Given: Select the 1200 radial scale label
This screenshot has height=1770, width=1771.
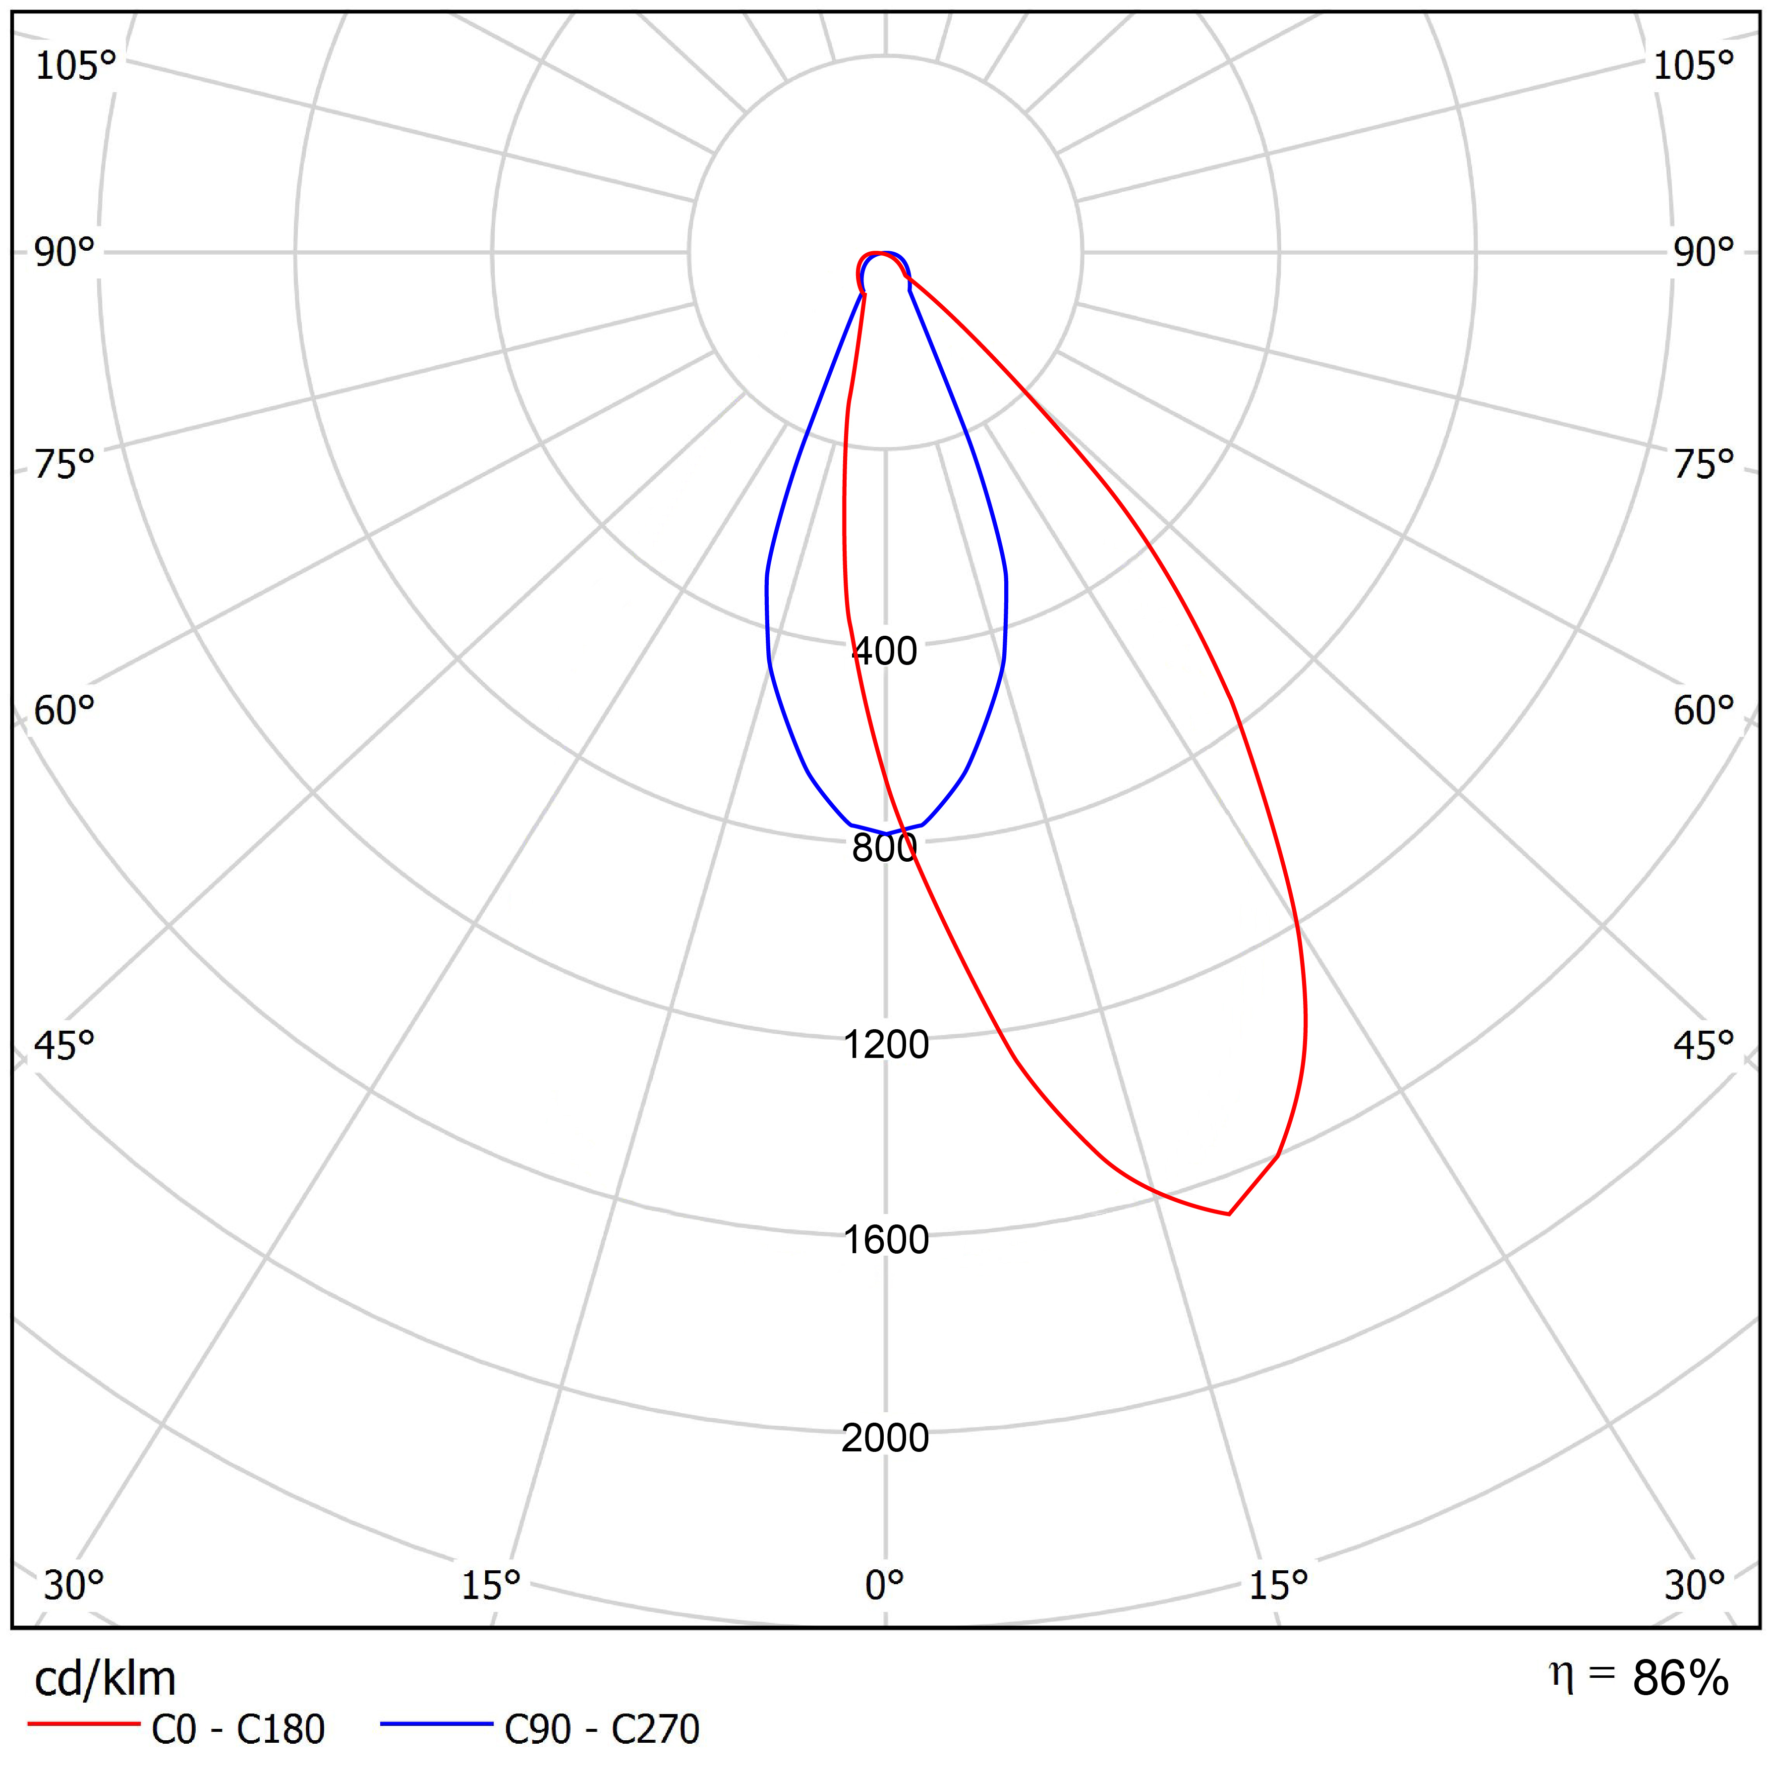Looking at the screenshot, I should click(x=885, y=1044).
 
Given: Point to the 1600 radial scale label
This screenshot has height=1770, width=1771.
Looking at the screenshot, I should click(x=885, y=1240).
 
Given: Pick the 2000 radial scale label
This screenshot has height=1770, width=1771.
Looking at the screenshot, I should click(x=885, y=1438).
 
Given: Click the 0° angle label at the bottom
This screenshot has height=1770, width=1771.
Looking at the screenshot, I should click(x=885, y=1585).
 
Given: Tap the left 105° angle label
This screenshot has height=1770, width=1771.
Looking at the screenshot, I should click(x=75, y=66).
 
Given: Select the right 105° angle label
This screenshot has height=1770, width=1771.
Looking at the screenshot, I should click(x=1693, y=66).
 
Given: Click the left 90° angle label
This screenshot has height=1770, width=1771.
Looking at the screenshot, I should click(x=64, y=252).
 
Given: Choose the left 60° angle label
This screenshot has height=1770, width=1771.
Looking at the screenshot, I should click(x=64, y=711).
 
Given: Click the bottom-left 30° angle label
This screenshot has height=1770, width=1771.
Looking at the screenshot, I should click(x=73, y=1585).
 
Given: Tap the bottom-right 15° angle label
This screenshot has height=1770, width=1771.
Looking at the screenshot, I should click(x=1278, y=1585).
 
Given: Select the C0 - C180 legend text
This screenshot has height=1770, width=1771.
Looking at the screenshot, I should click(x=237, y=1729).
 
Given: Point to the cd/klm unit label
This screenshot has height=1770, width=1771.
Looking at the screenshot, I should click(x=105, y=1678).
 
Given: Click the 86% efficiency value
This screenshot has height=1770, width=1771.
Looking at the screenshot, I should click(x=1680, y=1678).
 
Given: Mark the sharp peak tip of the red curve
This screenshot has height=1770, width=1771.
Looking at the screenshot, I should click(x=1228, y=1214).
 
